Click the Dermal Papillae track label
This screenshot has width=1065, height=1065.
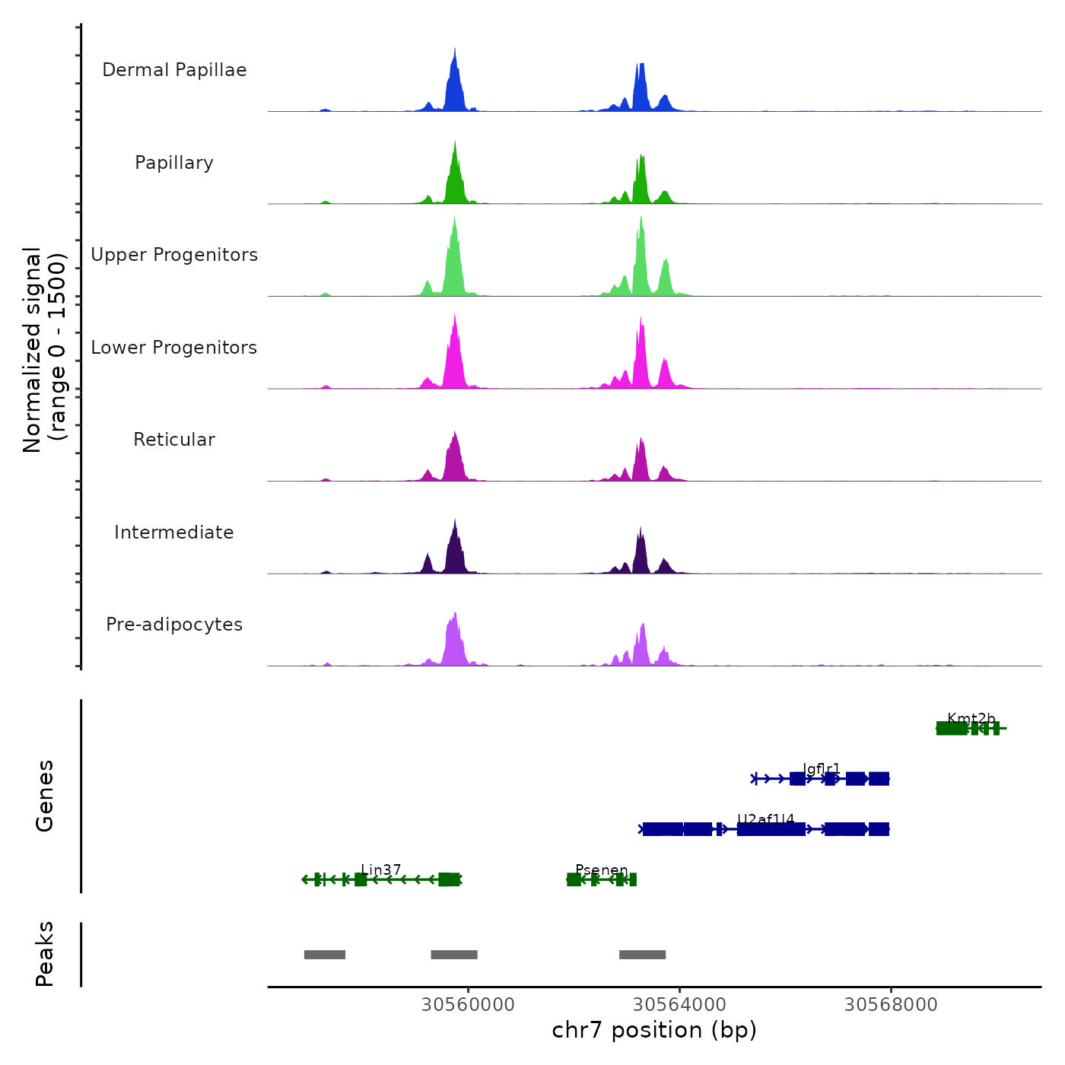point(174,70)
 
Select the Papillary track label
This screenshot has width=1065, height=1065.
point(174,163)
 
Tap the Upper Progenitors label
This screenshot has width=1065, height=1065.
point(174,255)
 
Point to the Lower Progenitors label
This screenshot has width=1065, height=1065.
point(174,348)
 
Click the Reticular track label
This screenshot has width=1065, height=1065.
point(174,440)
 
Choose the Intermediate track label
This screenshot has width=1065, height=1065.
point(174,532)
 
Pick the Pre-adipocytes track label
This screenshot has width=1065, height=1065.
point(174,625)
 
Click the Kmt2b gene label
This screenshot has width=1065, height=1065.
point(971,719)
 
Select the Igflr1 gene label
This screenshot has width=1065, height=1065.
point(822,769)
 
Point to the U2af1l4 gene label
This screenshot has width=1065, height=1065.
point(765,819)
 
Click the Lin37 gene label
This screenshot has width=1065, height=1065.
point(381,870)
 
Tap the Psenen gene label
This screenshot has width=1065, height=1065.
point(602,870)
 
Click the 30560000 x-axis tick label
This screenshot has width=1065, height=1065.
point(468,1005)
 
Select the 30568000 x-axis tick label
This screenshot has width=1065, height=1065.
point(891,1005)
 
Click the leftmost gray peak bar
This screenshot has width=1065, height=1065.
point(325,955)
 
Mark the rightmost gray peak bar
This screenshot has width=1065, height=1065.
point(642,955)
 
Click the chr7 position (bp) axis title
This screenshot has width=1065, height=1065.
point(654,1030)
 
